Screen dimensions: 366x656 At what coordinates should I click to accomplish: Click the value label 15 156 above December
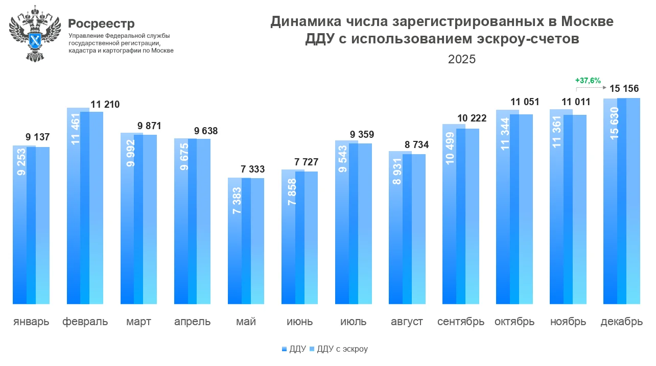click(x=624, y=88)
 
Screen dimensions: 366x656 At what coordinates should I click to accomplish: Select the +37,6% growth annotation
click(x=588, y=81)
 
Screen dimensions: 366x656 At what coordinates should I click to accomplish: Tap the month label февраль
click(x=85, y=322)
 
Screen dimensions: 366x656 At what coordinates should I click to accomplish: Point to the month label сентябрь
click(x=461, y=322)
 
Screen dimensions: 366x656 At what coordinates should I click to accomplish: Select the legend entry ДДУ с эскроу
click(x=342, y=349)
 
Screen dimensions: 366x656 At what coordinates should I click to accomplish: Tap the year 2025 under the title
click(x=461, y=59)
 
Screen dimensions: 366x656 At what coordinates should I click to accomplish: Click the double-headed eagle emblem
click(x=35, y=33)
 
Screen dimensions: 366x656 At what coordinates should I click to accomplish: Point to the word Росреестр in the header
click(x=101, y=23)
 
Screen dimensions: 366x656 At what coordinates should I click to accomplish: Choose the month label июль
click(x=354, y=322)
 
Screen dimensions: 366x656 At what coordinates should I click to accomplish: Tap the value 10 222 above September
click(x=472, y=119)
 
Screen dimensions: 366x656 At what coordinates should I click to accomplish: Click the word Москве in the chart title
click(x=588, y=22)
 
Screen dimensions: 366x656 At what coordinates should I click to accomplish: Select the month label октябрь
click(x=514, y=322)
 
